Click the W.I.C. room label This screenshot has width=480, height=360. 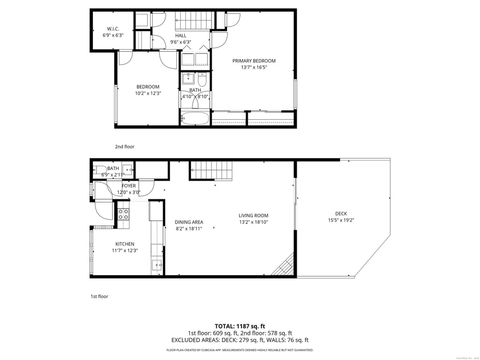point(113,28)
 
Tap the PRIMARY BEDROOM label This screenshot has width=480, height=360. point(253,60)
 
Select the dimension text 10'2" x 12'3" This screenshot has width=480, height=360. point(148,93)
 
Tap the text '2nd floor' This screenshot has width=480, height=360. point(124,147)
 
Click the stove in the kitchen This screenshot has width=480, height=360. point(123,213)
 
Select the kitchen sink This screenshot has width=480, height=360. point(157,265)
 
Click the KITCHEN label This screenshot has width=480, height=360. point(125,244)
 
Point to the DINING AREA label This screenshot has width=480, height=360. point(189,222)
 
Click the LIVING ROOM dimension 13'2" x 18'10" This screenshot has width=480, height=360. point(253,222)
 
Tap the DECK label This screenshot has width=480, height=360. point(341,213)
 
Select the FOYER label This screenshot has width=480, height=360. point(129,186)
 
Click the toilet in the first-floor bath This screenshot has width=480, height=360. point(99,169)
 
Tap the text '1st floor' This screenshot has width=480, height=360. point(99,296)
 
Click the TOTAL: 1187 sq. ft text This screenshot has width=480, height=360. point(239,326)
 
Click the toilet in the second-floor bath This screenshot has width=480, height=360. point(202,80)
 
